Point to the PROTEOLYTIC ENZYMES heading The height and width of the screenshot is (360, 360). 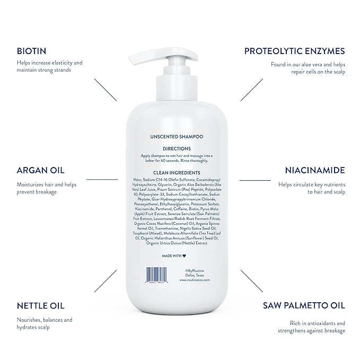[x=295, y=51]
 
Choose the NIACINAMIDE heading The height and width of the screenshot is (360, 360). [x=311, y=171]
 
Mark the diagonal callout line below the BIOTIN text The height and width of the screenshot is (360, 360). [x=105, y=90]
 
